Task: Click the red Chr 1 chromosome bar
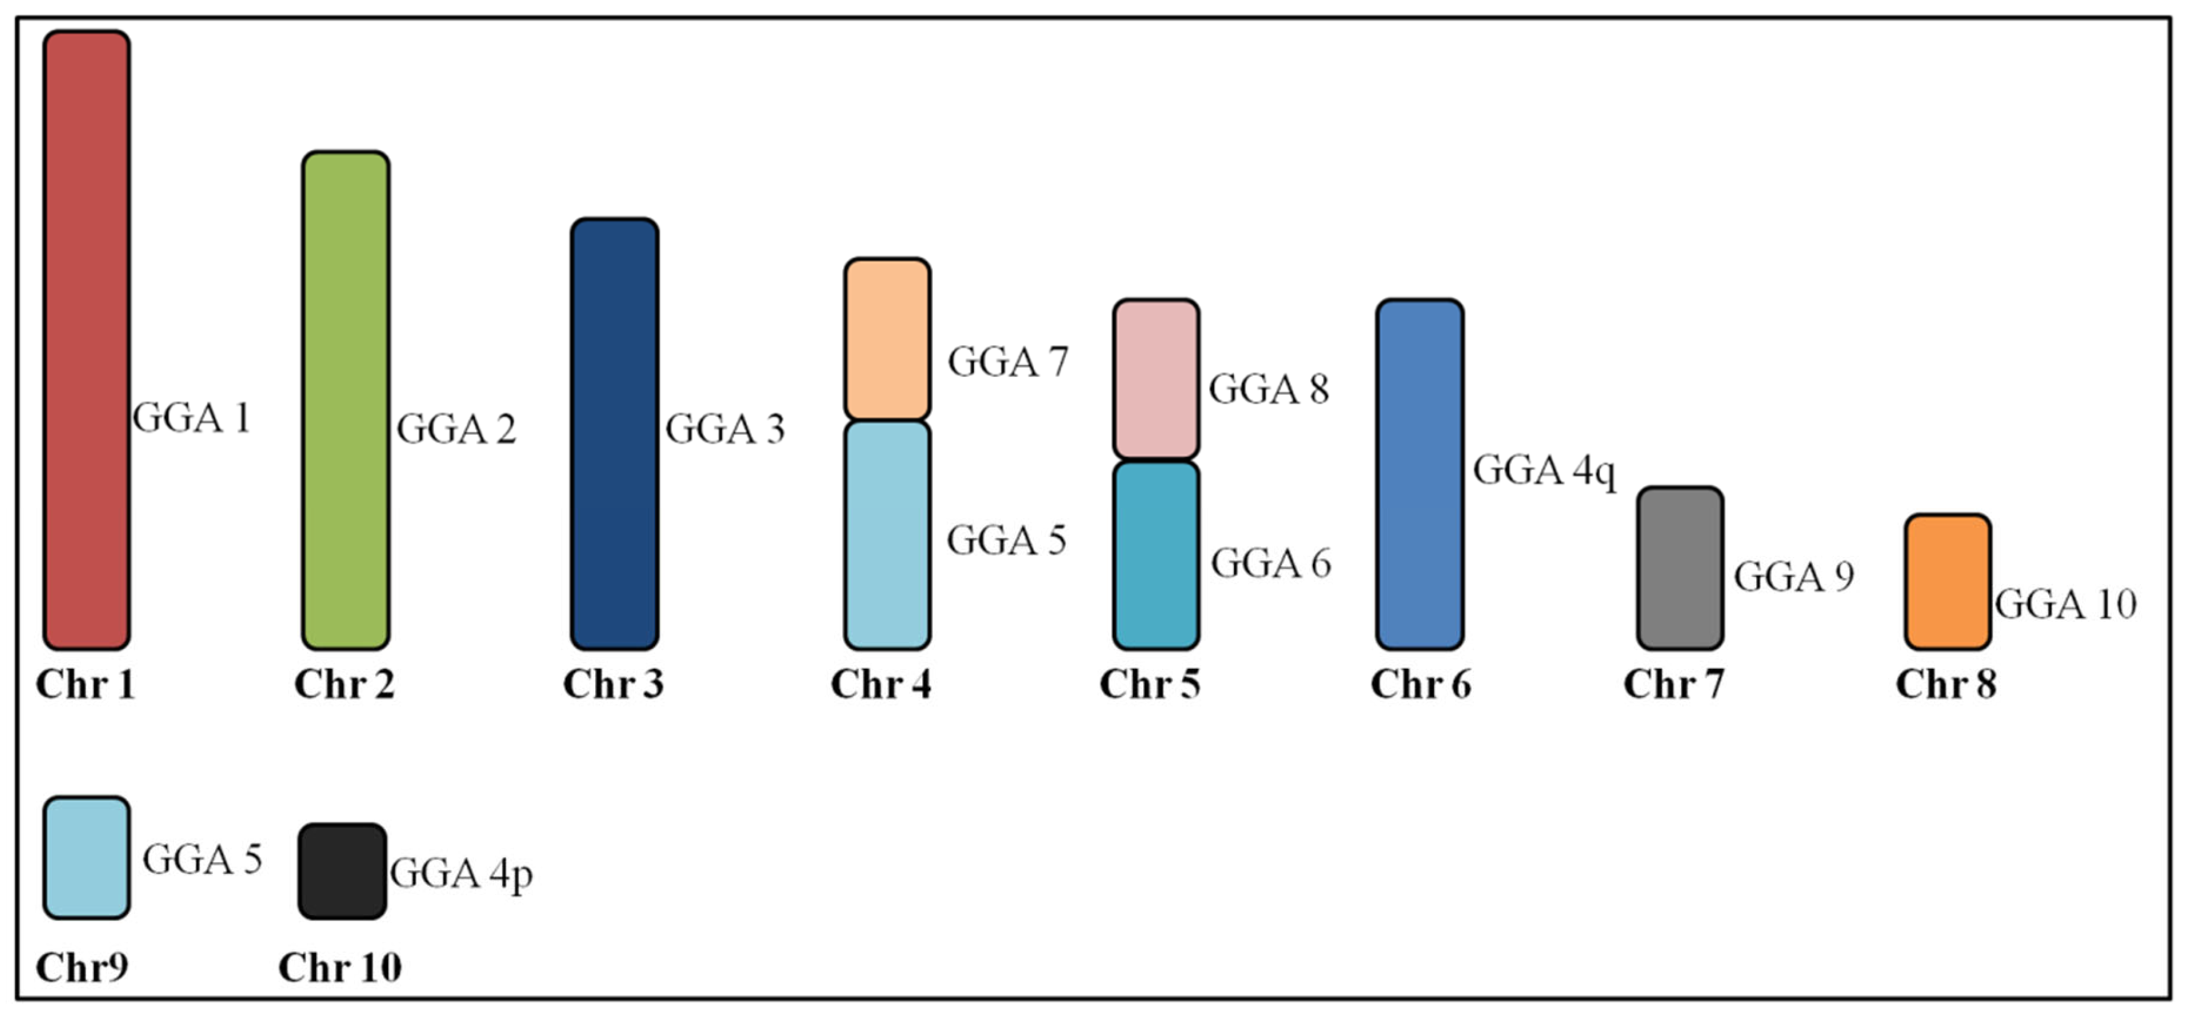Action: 87,339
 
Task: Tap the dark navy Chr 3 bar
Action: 614,434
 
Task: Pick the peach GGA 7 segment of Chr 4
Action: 886,339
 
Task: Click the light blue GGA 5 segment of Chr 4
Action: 886,535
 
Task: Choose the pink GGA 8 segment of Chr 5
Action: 1156,379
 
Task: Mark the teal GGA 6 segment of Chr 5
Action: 1156,555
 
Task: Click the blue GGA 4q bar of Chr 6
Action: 1419,474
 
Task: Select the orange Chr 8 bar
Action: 1947,581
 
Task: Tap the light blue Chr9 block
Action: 87,858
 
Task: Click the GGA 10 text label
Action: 2065,605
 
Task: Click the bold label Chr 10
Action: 339,967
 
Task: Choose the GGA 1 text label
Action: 191,418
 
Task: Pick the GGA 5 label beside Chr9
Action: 201,860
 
